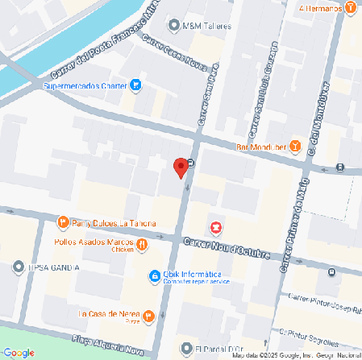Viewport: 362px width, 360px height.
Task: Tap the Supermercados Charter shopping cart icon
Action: point(137,84)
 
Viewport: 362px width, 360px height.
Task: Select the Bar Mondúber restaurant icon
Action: point(295,146)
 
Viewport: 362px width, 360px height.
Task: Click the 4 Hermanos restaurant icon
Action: point(351,8)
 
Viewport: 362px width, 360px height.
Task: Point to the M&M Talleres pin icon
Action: point(173,25)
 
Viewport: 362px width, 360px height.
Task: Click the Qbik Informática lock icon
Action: point(154,276)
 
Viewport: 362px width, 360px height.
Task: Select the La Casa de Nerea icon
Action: point(148,314)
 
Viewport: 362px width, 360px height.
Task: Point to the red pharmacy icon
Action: point(215,227)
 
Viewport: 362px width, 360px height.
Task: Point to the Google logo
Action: point(19,352)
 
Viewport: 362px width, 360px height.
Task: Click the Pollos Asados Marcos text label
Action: point(93,242)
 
